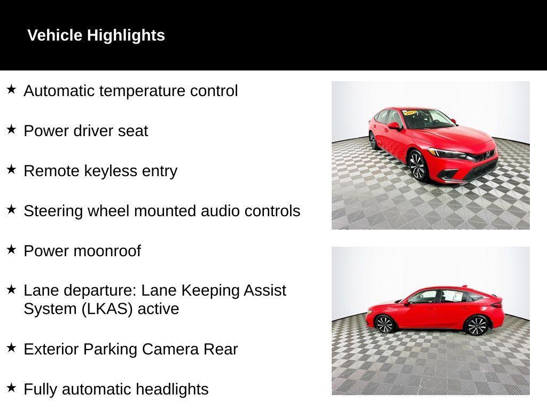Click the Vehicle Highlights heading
[96, 35]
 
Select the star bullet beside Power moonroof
[11, 249]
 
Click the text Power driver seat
[85, 131]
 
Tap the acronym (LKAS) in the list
[107, 309]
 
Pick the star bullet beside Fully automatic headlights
[11, 388]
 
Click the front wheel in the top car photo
[417, 165]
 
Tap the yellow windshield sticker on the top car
[410, 113]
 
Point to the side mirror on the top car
[394, 126]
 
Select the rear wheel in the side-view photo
[476, 325]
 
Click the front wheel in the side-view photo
[385, 324]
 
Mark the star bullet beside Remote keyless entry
[11, 169]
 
